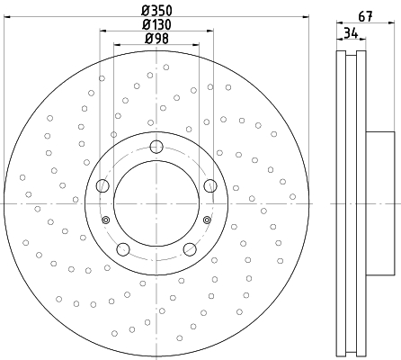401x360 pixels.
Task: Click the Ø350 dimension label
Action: click(x=156, y=11)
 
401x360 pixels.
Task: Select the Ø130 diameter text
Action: click(x=156, y=24)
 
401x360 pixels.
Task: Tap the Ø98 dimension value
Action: click(x=156, y=39)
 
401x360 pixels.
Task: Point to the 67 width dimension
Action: click(x=366, y=16)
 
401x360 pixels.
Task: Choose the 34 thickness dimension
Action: click(x=351, y=33)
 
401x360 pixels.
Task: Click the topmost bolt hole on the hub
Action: click(x=156, y=147)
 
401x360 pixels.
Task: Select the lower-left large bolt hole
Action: click(x=123, y=249)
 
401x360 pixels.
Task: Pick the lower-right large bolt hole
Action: click(x=190, y=249)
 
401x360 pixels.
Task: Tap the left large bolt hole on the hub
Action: click(x=102, y=185)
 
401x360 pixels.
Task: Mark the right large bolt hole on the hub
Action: click(x=210, y=185)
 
